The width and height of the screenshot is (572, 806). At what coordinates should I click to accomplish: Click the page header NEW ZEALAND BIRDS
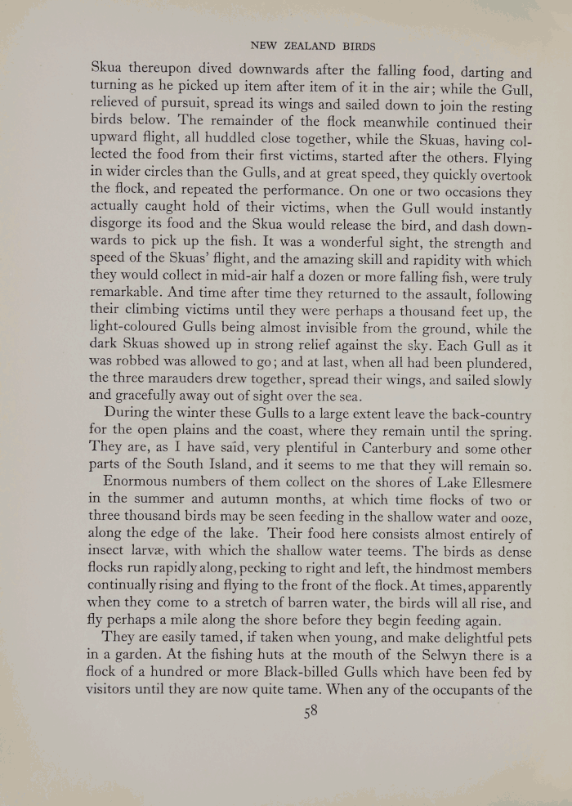pos(312,46)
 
